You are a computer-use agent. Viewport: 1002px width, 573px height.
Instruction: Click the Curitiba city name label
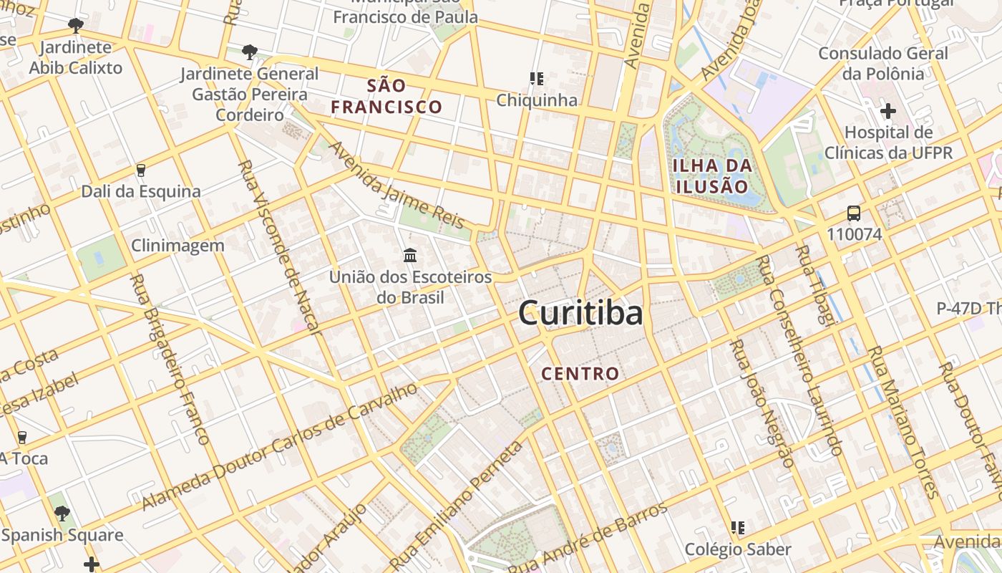tap(580, 314)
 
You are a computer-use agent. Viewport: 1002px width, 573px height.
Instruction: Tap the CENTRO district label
tap(580, 373)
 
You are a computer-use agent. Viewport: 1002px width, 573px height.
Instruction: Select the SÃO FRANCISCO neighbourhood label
tap(386, 97)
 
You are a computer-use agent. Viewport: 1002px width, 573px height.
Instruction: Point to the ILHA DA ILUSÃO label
tap(712, 176)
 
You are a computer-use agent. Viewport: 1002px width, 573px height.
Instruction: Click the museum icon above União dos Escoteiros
tap(410, 255)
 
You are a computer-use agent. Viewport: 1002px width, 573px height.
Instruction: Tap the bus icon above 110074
tap(854, 213)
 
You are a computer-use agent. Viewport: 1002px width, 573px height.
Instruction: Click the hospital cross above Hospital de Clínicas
tap(888, 111)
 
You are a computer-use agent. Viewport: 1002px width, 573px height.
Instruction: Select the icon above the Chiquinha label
tap(536, 78)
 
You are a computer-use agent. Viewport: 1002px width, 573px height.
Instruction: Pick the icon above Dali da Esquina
tap(140, 170)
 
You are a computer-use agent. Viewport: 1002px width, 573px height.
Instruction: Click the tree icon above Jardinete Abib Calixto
tap(75, 27)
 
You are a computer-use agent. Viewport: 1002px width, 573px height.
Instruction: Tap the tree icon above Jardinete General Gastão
tap(249, 52)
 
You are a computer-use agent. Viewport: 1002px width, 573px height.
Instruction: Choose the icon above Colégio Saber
tap(738, 528)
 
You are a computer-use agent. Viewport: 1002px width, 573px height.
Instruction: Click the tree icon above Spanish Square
tap(62, 513)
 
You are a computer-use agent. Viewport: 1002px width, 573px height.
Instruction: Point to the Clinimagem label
tap(177, 246)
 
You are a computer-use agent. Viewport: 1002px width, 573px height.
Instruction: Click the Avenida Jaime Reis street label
tap(397, 185)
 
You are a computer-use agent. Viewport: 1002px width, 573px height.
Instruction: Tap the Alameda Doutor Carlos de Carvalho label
tap(280, 447)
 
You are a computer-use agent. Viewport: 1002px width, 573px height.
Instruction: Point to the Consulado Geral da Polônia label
tap(883, 63)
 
